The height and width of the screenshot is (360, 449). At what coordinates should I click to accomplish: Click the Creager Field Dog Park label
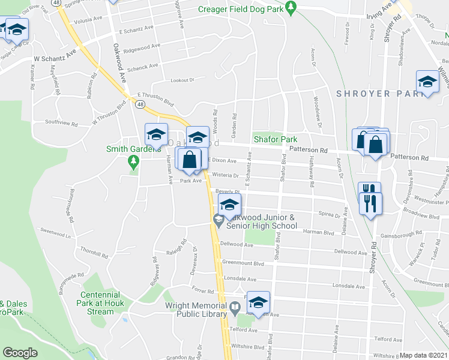tap(241, 10)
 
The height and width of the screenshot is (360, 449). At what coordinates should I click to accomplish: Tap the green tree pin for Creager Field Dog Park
tap(291, 8)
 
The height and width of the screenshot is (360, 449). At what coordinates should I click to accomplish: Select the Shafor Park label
tap(276, 139)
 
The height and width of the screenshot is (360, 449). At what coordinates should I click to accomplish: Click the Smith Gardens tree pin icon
tap(133, 161)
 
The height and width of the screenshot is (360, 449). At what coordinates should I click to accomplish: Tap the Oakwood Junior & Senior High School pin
tap(217, 221)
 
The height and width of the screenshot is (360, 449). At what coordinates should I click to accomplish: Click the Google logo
tap(20, 353)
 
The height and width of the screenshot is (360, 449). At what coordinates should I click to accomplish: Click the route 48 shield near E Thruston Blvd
tap(140, 104)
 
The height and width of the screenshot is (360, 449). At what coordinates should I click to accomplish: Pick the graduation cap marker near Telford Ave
tap(258, 302)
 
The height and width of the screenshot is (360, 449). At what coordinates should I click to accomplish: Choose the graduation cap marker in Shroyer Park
tap(427, 83)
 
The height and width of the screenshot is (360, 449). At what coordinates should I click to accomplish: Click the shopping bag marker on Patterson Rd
tap(375, 145)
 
